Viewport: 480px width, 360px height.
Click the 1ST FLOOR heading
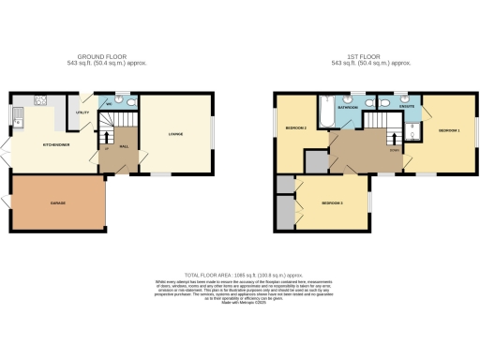[360, 56]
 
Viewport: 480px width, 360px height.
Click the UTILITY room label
[82, 112]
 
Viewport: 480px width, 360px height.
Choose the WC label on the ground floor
[109, 103]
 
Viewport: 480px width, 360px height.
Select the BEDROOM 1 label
[449, 130]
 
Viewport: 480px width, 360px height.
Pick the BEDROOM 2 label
[332, 203]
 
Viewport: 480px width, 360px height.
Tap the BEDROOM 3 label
[298, 127]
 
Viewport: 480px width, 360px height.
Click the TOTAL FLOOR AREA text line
[239, 268]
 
